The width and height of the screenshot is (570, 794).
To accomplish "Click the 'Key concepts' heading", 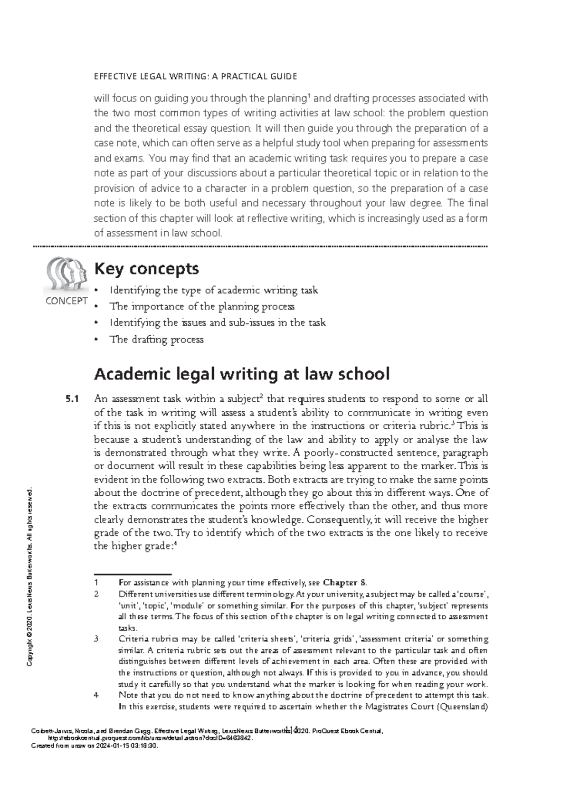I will click(146, 269).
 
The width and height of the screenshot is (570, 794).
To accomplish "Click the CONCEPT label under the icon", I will click(66, 301).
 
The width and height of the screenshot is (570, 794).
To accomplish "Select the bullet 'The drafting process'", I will click(156, 340).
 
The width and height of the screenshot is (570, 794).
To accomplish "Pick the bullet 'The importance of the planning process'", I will click(202, 306).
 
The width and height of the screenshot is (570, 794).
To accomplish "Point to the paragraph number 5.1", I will click(72, 399).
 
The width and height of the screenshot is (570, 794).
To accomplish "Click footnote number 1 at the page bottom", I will click(96, 583).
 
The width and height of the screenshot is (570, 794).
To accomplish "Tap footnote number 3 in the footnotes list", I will click(96, 639).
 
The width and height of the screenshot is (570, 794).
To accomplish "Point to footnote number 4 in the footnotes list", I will click(96, 695).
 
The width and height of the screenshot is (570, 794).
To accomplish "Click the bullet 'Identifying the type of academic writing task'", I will click(213, 290).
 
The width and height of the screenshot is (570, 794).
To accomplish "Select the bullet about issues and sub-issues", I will click(217, 323).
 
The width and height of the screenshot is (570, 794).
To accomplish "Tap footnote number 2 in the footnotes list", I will click(96, 594).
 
